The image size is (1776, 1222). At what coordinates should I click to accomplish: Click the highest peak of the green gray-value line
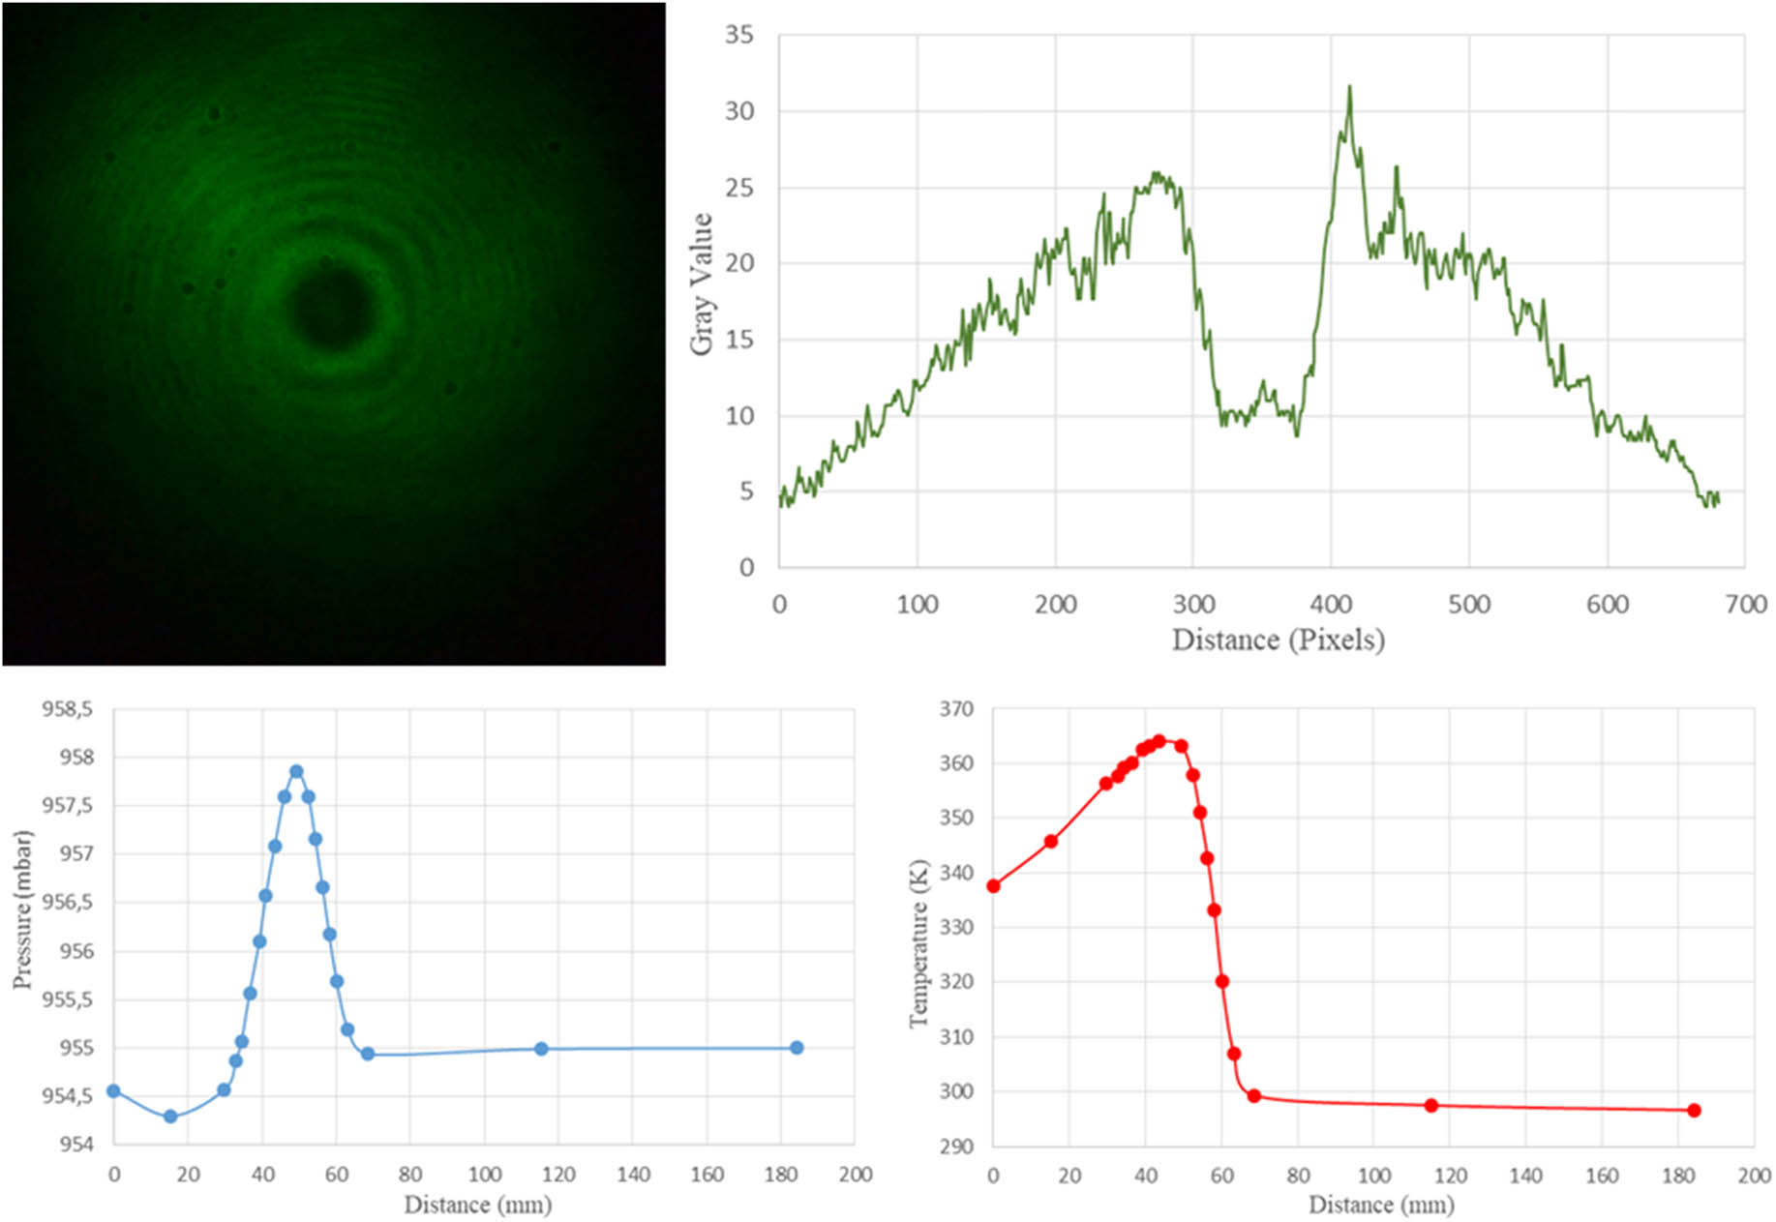click(1349, 87)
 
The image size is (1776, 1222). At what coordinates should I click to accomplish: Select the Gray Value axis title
click(703, 284)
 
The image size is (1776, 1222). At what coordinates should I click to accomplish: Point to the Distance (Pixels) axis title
click(1278, 640)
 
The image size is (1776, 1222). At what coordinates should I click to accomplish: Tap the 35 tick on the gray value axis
click(739, 35)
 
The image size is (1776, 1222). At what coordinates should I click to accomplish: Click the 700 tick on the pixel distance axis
click(1745, 605)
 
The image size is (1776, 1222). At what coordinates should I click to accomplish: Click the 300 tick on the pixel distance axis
click(1193, 605)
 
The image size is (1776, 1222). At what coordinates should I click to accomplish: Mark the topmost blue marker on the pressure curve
click(296, 772)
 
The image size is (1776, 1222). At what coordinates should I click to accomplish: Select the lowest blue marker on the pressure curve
click(170, 1117)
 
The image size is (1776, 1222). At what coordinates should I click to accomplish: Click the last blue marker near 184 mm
click(797, 1048)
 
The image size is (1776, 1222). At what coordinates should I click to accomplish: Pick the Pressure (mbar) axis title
click(22, 909)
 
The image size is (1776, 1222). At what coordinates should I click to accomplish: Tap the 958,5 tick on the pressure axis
click(67, 709)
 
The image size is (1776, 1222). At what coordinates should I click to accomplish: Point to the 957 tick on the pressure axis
click(76, 853)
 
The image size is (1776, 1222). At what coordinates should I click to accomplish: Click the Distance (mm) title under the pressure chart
click(478, 1205)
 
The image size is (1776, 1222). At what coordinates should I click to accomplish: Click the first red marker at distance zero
click(993, 886)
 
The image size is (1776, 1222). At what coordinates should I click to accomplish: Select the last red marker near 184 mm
click(1694, 1111)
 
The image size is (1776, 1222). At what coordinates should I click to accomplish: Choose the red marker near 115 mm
click(1430, 1105)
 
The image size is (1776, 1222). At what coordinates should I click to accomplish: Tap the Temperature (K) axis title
click(918, 943)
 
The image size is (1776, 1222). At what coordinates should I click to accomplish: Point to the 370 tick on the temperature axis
click(956, 709)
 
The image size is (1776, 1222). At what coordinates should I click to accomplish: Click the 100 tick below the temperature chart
click(1373, 1176)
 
